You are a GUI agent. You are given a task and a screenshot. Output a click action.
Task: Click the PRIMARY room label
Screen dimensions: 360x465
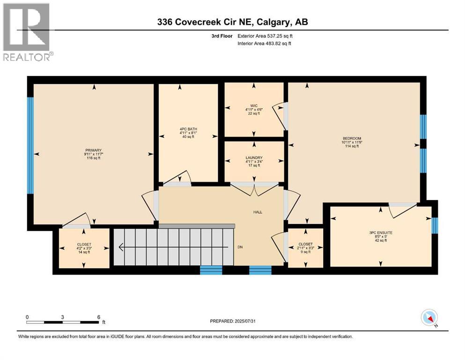[93, 150]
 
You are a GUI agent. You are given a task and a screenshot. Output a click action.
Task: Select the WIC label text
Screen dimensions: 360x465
[254, 105]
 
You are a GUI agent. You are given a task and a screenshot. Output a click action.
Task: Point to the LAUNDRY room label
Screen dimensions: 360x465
[254, 158]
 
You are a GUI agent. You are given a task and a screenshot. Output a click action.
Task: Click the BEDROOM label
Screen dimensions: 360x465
[352, 138]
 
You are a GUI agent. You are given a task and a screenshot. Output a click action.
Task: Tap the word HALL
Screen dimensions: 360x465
[257, 212]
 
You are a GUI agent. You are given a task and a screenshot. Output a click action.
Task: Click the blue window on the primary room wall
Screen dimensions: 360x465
[30, 145]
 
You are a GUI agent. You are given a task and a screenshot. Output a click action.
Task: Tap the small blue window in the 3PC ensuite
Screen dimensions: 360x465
[434, 225]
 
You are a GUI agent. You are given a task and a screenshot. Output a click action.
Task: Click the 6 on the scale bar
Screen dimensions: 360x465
[98, 316]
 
